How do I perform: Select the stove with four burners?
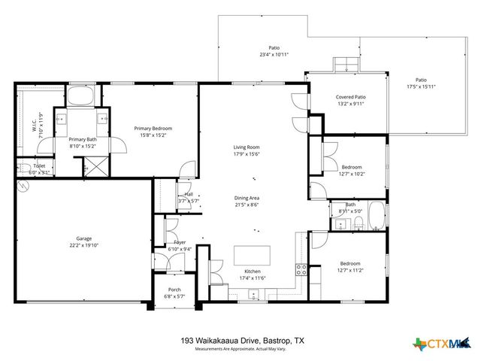(301, 271)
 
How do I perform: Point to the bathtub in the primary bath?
(80, 97)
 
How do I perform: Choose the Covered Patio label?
(350, 97)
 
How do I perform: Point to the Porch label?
(174, 290)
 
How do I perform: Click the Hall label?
(188, 194)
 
